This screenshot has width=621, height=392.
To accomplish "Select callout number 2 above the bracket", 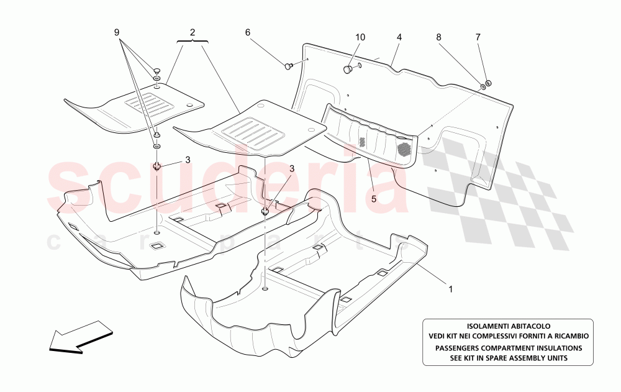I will (193, 32).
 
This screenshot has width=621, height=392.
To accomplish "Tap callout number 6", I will (248, 32).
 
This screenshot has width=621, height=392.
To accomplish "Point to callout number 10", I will (360, 37).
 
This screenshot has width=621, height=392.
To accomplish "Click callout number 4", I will (399, 37).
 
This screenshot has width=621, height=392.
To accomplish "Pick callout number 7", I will (478, 37).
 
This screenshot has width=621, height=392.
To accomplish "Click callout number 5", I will (374, 199).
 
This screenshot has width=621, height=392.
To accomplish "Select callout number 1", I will (451, 289).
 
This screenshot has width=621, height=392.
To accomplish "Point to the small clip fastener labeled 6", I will (289, 65).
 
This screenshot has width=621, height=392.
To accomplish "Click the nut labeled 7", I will (489, 83).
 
